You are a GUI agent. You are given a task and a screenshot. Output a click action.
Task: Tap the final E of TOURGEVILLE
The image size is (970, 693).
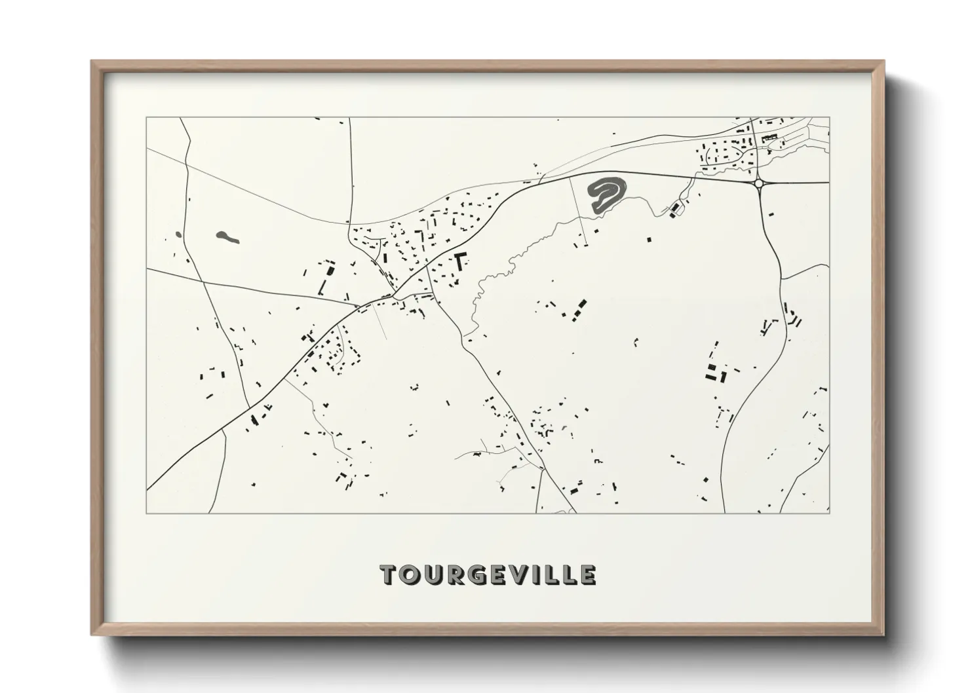click(x=587, y=574)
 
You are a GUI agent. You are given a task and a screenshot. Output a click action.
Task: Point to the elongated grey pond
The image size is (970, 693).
click(x=227, y=236)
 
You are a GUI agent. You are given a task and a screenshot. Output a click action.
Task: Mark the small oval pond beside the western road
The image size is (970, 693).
click(x=178, y=234)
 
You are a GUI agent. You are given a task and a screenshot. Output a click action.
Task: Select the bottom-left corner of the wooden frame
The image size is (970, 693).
click(x=93, y=633)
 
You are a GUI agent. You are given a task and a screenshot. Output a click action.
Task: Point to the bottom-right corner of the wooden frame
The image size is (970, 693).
click(x=883, y=633)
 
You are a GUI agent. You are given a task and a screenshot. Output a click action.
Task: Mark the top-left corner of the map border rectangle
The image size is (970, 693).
click(x=146, y=118)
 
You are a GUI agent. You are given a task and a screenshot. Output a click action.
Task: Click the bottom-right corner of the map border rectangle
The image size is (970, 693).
click(x=830, y=512)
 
